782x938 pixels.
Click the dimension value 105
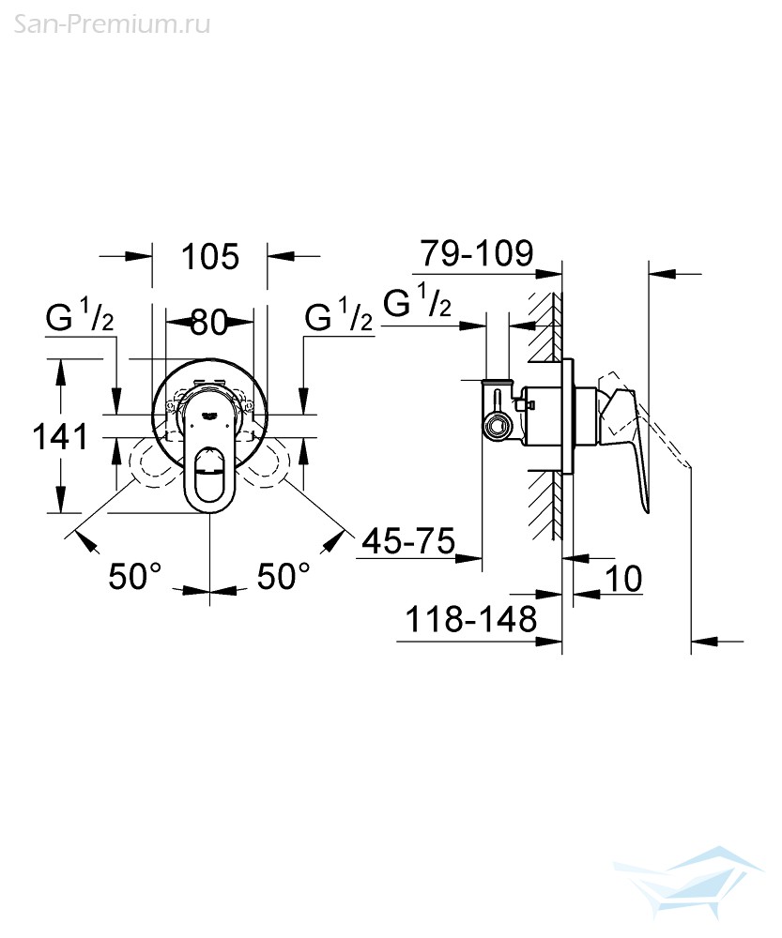tap(210, 257)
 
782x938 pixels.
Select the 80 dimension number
tap(209, 323)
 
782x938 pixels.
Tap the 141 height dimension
tap(60, 436)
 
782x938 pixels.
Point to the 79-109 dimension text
tap(477, 253)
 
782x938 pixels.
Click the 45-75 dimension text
tap(409, 541)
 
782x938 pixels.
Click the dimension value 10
tap(623, 578)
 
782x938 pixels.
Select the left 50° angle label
tap(135, 576)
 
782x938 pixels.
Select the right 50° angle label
tap(284, 576)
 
